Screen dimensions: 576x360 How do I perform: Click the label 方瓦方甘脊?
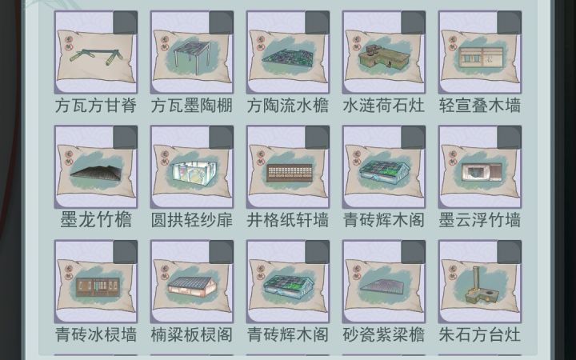[96, 106]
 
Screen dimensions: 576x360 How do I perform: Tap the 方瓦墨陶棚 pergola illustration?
[192, 56]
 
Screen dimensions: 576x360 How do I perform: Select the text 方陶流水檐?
[288, 106]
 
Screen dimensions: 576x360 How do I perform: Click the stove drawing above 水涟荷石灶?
[384, 57]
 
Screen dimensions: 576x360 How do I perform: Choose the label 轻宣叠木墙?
[480, 106]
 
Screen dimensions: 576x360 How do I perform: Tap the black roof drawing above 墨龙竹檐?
[96, 173]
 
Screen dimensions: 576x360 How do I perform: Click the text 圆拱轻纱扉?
[192, 220]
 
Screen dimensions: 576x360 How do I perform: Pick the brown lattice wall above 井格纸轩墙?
[289, 173]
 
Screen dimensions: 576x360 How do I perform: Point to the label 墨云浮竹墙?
[480, 220]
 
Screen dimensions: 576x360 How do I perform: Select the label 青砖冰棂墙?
[96, 334]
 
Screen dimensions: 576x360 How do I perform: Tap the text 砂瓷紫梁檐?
[384, 334]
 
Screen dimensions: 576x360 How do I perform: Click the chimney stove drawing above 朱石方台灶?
[478, 286]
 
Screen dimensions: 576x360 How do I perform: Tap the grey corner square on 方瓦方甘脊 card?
[126, 22]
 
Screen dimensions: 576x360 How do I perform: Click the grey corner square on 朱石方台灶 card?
[509, 252]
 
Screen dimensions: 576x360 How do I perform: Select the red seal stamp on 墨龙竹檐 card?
[68, 158]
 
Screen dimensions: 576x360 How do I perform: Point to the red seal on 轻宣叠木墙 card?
[453, 43]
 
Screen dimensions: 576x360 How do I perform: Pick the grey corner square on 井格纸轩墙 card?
[317, 138]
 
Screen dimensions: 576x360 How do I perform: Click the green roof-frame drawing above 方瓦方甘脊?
[96, 57]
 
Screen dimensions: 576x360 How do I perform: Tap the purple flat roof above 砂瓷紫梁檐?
[383, 286]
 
